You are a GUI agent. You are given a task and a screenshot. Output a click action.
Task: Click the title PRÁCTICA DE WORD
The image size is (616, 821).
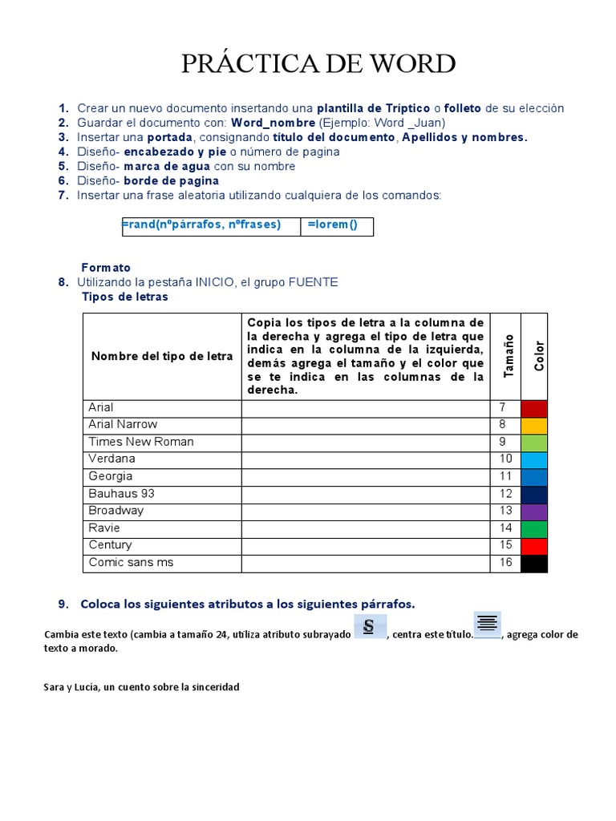point(318,63)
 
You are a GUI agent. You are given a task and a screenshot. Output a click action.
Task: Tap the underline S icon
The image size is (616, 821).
point(370,627)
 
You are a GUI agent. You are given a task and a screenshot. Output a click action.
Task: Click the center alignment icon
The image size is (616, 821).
point(487,623)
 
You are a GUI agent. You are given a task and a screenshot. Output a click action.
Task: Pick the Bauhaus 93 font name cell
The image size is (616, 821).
point(121,494)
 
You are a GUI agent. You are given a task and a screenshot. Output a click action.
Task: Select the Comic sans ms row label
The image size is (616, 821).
point(131,563)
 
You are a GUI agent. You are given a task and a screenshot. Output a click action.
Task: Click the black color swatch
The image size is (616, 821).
point(534,564)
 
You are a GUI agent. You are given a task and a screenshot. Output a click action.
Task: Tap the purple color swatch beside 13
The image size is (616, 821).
point(534,512)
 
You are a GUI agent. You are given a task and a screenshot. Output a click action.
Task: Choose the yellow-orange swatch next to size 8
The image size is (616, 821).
point(534,425)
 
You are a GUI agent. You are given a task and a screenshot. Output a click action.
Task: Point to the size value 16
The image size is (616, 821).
point(505,563)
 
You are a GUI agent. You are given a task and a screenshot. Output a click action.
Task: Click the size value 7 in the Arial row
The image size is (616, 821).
point(503,408)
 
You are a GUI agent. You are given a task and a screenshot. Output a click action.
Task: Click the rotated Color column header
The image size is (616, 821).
point(539,356)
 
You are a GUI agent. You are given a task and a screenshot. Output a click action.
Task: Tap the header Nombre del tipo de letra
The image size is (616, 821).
point(162,357)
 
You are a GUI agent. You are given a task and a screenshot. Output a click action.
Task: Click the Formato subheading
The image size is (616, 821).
point(106,268)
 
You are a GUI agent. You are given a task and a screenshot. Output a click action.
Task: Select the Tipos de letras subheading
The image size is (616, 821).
point(125,297)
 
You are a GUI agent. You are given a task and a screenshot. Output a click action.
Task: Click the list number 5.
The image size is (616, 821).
point(63,167)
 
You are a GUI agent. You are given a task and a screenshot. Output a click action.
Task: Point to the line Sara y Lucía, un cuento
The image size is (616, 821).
point(141,687)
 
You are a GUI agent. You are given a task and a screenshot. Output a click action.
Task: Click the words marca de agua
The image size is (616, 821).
point(168,167)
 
